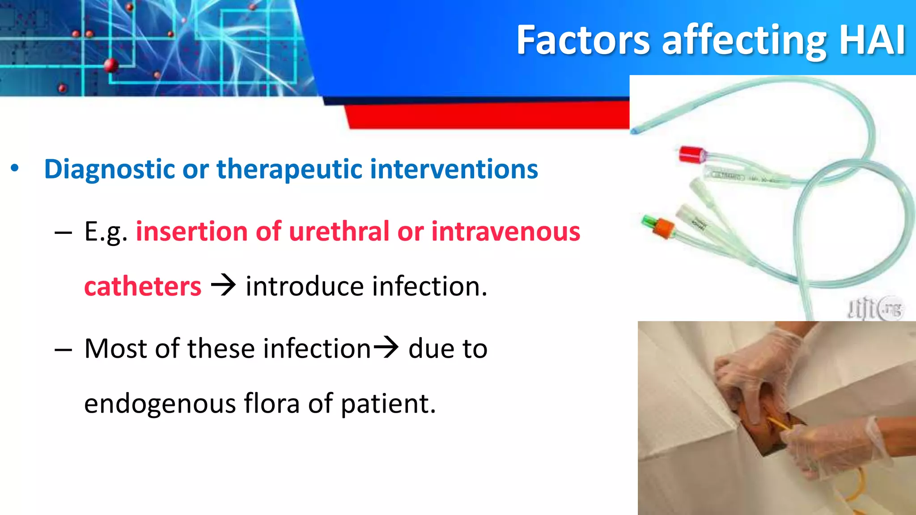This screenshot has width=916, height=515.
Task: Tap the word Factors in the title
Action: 583,40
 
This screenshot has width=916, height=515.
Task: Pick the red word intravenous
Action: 505,232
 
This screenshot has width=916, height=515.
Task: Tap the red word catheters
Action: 143,286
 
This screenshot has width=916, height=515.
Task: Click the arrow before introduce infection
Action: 223,285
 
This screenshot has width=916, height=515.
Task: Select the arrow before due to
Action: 386,347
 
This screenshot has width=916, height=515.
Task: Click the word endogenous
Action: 160,403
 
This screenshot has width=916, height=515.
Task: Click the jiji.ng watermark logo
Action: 875,308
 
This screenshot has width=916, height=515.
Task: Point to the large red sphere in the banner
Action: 111,65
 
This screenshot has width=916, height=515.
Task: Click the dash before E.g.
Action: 63,232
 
